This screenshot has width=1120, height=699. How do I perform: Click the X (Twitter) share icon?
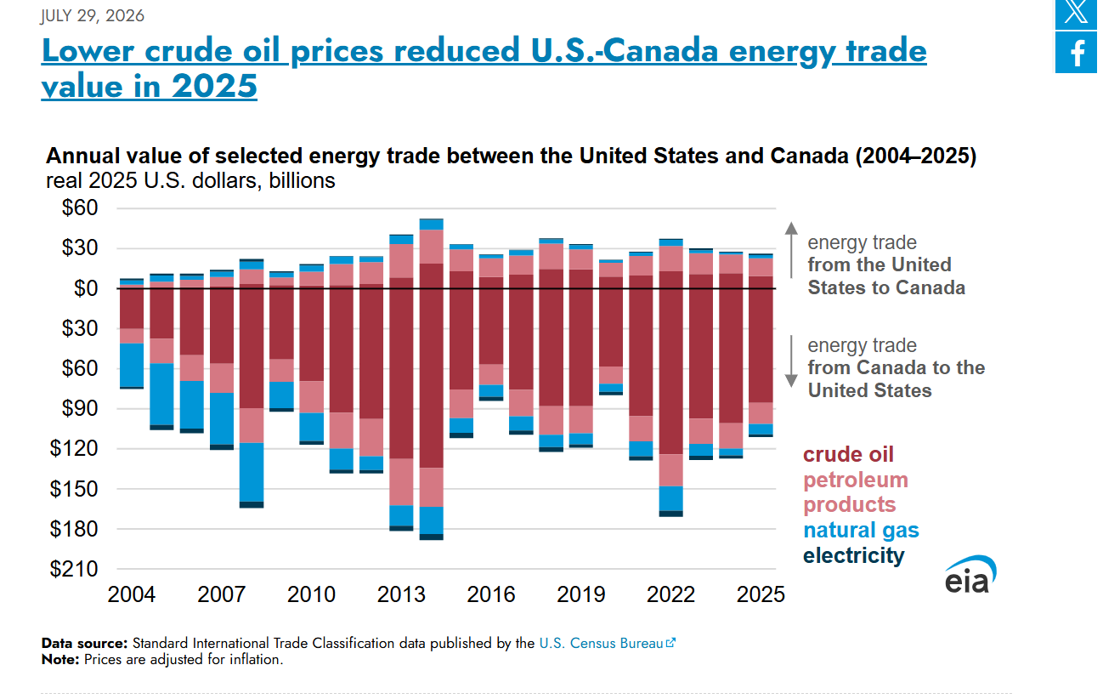point(1076,13)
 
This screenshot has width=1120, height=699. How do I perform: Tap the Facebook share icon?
point(1076,53)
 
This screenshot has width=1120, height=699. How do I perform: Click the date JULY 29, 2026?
point(93,16)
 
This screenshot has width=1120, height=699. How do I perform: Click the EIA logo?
point(970,575)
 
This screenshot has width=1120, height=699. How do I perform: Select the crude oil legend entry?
point(848,454)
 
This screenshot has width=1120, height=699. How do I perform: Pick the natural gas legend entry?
point(861,530)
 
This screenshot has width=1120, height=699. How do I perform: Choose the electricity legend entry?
point(853,555)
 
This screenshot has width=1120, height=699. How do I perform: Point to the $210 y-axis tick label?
point(73,569)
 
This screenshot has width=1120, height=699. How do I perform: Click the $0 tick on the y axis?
point(86,289)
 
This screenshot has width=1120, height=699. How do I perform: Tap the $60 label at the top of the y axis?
point(80,207)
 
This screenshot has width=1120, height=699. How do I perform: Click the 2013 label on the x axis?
point(401,594)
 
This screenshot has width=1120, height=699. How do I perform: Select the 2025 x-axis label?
point(761,594)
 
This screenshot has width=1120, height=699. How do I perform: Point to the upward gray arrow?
point(791,250)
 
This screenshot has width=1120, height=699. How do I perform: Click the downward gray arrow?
point(791,361)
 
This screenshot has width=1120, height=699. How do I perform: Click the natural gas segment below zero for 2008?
point(252,472)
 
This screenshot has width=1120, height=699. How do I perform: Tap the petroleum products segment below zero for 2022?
point(671,470)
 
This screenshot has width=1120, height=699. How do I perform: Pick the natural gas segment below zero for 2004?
point(132,365)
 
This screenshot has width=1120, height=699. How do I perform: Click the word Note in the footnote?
point(60,660)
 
